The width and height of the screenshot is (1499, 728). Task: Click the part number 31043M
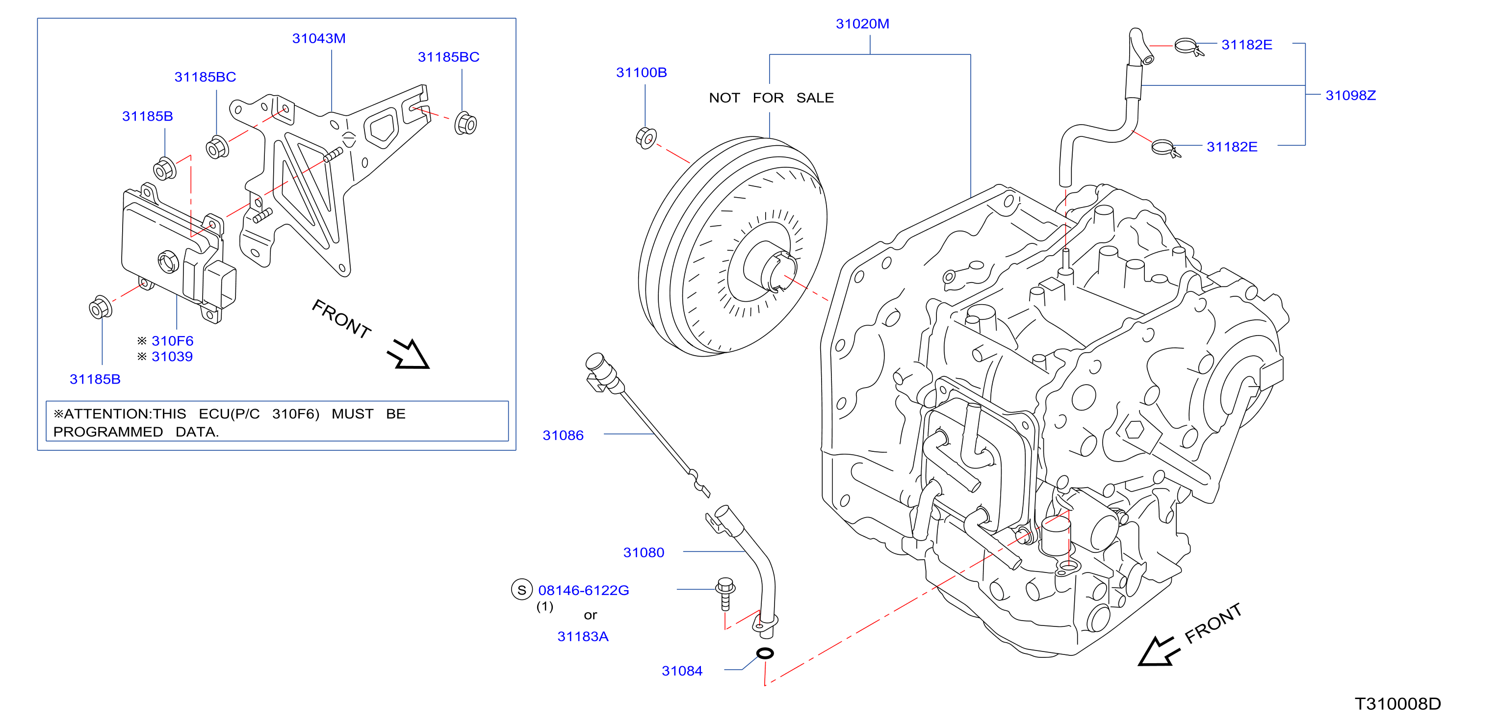[x=319, y=38]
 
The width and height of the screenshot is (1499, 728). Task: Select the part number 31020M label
[x=862, y=24]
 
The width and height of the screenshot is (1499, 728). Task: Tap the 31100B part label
[x=641, y=73]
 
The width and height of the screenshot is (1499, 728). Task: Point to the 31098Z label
[x=1350, y=96]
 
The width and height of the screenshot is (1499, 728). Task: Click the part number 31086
[x=563, y=435]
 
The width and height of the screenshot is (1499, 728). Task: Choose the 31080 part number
[x=644, y=552]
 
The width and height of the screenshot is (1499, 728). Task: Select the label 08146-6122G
[x=584, y=590]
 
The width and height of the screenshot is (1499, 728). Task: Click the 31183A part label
[x=583, y=636]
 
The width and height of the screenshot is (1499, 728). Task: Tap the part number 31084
[x=682, y=671]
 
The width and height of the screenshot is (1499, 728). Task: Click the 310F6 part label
[x=172, y=341]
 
